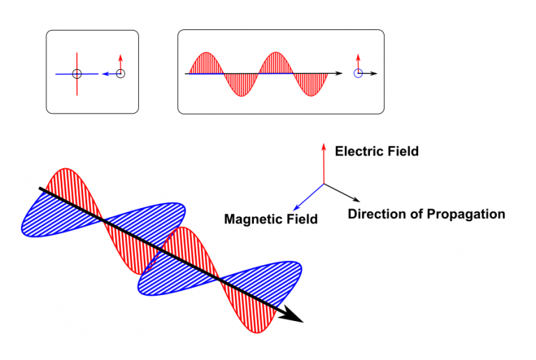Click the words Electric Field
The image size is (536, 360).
[377, 151]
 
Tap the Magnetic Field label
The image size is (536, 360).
[271, 219]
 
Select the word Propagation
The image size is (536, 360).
[467, 214]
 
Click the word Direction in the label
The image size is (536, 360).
[376, 214]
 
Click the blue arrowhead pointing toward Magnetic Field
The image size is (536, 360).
[295, 207]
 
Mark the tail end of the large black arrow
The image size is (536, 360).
[41, 189]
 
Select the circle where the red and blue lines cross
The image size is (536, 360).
[77, 73]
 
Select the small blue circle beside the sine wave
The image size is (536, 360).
[358, 73]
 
